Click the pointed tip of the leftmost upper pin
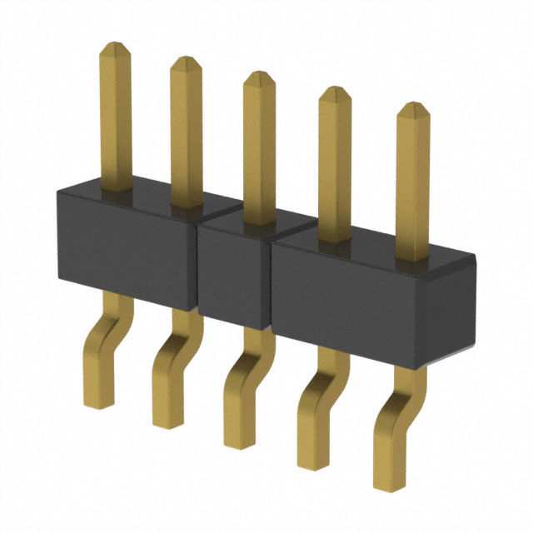pos(113,47)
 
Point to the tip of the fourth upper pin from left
pos(334,90)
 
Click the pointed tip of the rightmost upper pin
pos(412,106)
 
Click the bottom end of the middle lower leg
pos(238,441)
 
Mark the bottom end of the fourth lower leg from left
pos(313,463)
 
